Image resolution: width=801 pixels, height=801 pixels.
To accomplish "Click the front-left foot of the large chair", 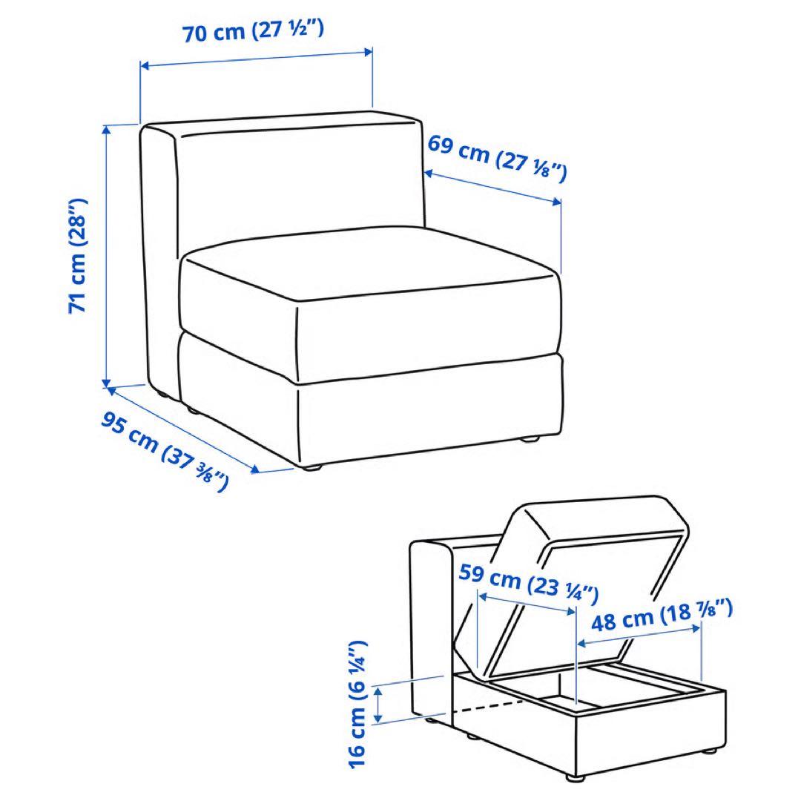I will [x=311, y=468].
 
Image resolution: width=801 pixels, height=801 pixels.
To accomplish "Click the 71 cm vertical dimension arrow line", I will [x=108, y=256].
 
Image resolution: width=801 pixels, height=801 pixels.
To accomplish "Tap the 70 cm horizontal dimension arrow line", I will [x=256, y=59].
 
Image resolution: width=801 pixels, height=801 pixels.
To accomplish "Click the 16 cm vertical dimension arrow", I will [x=378, y=704].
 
